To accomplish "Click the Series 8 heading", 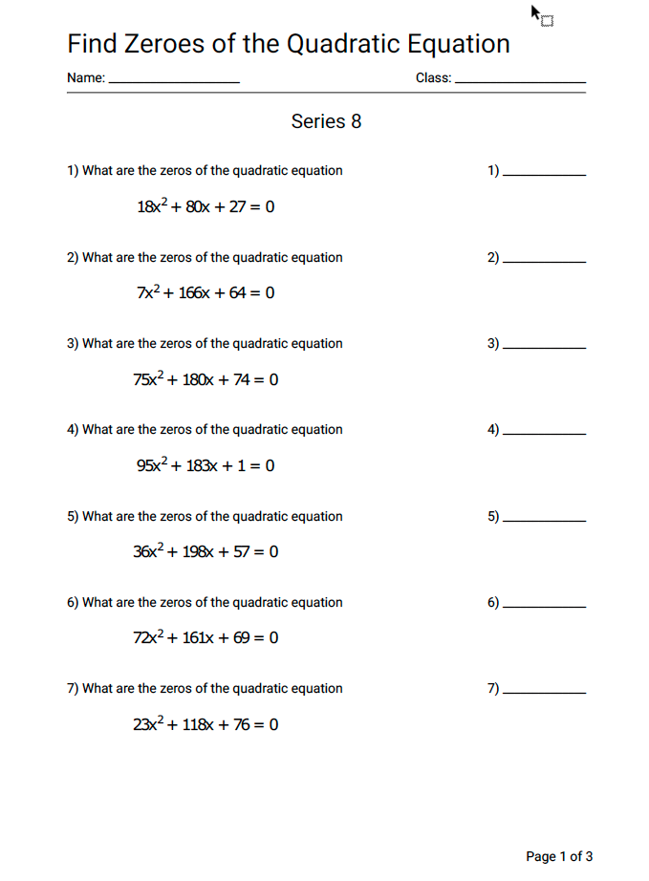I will click(326, 121).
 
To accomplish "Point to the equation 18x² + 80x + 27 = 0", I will click(206, 206).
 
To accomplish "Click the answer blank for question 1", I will click(544, 175).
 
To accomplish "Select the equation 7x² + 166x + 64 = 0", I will click(206, 292).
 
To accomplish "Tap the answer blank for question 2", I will click(544, 262).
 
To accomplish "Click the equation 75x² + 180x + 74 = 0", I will click(206, 379).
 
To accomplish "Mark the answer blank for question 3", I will click(544, 348).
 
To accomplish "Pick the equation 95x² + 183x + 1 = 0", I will click(206, 465).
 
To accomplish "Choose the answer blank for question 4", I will click(544, 434).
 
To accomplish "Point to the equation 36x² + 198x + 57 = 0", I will click(206, 551).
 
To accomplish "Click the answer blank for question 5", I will click(544, 521).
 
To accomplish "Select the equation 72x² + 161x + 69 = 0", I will click(206, 637).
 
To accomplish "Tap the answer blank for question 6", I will click(544, 607).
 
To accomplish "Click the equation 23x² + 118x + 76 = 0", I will click(206, 724).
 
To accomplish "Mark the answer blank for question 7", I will click(544, 693).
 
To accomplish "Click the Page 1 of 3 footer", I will click(559, 856).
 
